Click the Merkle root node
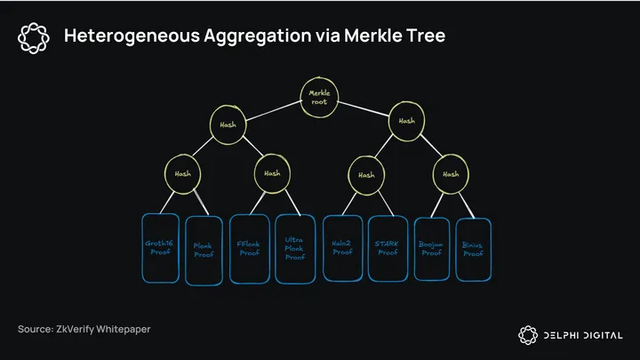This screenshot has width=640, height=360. click(x=319, y=97)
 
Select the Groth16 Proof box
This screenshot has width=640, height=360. click(x=162, y=247)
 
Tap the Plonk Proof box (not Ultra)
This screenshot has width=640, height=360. click(x=204, y=250)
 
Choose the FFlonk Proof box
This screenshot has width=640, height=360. click(x=249, y=247)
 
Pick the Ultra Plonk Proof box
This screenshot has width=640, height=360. click(x=294, y=248)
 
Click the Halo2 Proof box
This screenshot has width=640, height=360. click(x=342, y=247)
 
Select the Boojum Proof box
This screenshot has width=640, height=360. click(x=432, y=247)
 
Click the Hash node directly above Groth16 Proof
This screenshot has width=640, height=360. click(x=182, y=174)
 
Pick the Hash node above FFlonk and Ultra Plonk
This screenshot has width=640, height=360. click(x=272, y=173)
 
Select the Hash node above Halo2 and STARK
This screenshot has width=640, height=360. click(x=366, y=175)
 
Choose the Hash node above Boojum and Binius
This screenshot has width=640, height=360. click(x=451, y=174)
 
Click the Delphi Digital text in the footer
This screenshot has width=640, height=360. click(x=582, y=334)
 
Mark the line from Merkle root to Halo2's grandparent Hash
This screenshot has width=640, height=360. click(x=364, y=108)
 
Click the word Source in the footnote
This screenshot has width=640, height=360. click(x=36, y=330)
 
